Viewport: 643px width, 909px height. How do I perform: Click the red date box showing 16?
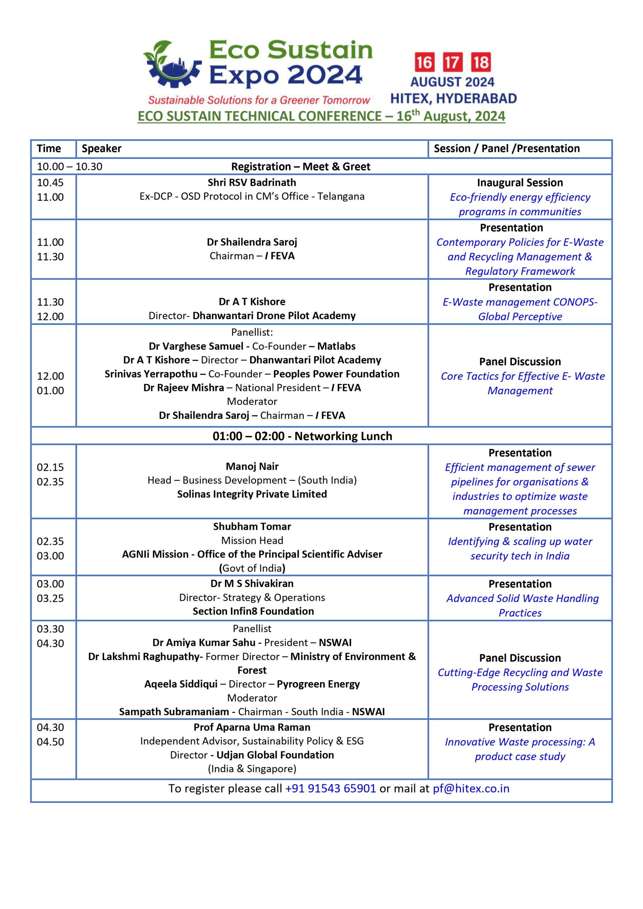click(423, 62)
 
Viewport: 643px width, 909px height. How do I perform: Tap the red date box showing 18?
click(481, 62)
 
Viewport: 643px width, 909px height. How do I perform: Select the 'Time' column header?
click(49, 148)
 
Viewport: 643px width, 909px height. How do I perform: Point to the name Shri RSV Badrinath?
click(252, 183)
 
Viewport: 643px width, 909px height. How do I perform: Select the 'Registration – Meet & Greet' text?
click(301, 167)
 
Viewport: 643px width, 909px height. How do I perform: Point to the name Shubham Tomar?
click(252, 527)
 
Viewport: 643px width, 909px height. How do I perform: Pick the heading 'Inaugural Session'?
click(520, 183)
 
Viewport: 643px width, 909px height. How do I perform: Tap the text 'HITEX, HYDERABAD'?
click(453, 98)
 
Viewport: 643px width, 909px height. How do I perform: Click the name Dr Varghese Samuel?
click(196, 347)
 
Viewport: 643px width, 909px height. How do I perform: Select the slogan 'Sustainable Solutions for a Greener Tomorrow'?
click(259, 100)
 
